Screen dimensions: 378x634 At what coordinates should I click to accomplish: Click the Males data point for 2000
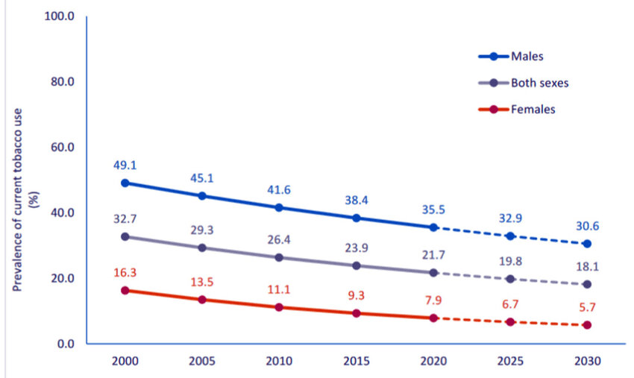(125, 183)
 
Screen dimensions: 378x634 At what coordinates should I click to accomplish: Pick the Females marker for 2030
(587, 325)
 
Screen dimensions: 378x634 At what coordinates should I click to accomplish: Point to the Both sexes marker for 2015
(356, 265)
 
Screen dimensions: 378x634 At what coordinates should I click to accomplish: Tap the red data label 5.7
(587, 306)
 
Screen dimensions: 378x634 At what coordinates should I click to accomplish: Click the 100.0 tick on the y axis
(61, 16)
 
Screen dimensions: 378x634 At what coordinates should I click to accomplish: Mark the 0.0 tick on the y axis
(66, 344)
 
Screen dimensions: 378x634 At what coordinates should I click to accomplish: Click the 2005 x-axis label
(201, 360)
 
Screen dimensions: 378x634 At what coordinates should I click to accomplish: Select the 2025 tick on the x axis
(510, 360)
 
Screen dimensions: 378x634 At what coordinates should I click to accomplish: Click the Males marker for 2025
(510, 236)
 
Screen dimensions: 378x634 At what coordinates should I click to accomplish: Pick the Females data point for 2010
(278, 307)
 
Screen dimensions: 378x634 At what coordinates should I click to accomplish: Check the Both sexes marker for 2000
(125, 236)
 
